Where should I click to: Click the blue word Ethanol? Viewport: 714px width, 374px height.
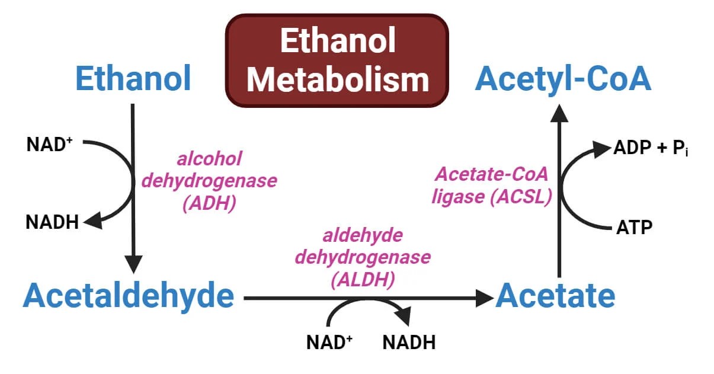pyautogui.click(x=133, y=78)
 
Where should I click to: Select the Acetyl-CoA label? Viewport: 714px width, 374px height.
pyautogui.click(x=563, y=78)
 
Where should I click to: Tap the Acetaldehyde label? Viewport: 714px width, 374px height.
pyautogui.click(x=129, y=295)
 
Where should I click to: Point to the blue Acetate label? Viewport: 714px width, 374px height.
pyautogui.click(x=555, y=295)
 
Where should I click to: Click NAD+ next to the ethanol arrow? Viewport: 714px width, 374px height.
pyautogui.click(x=49, y=144)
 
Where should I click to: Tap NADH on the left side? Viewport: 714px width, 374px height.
pyautogui.click(x=52, y=223)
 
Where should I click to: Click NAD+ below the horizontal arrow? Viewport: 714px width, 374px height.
pyautogui.click(x=329, y=342)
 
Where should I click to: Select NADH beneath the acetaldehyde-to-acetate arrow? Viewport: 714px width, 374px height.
pyautogui.click(x=409, y=342)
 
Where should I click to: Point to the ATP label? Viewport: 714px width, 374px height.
pyautogui.click(x=635, y=228)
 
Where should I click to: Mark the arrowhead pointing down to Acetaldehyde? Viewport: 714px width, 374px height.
pyautogui.click(x=133, y=264)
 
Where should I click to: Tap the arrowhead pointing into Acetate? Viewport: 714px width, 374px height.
pyautogui.click(x=486, y=298)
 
